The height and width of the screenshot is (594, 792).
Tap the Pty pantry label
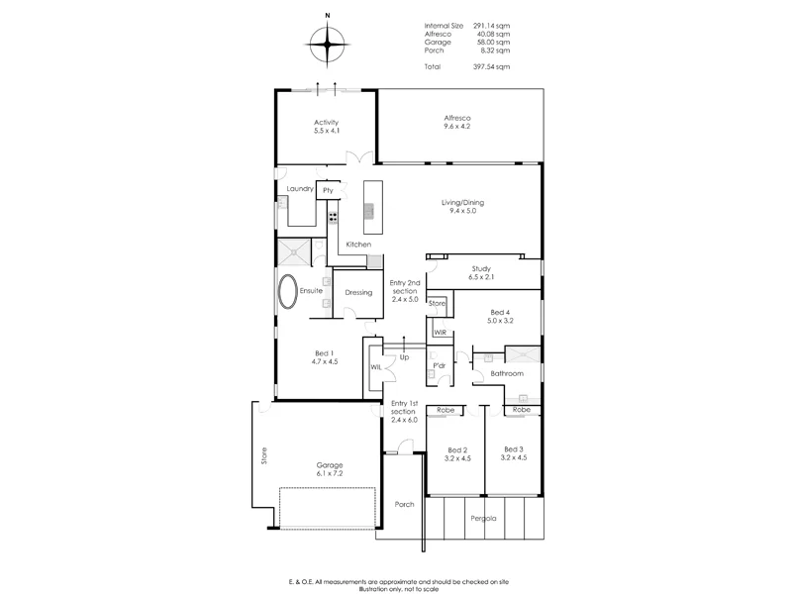[328, 190]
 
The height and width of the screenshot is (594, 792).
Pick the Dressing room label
[358, 292]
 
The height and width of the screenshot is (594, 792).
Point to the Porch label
[404, 504]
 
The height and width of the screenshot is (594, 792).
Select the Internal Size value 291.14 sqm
[492, 25]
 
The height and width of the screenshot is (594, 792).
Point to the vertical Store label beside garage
[263, 456]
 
